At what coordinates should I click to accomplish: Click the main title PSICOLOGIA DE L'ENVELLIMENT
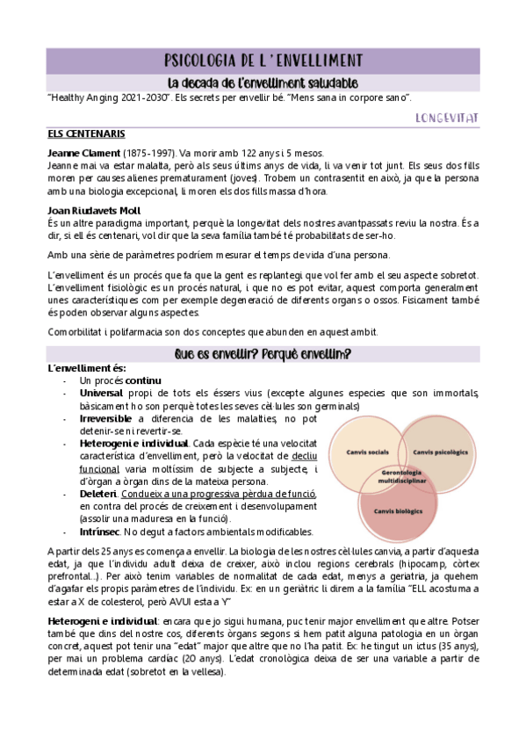263,60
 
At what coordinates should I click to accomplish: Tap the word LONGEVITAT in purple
445,117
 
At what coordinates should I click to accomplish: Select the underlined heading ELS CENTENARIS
86,134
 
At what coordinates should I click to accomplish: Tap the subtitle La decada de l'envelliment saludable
263,82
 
